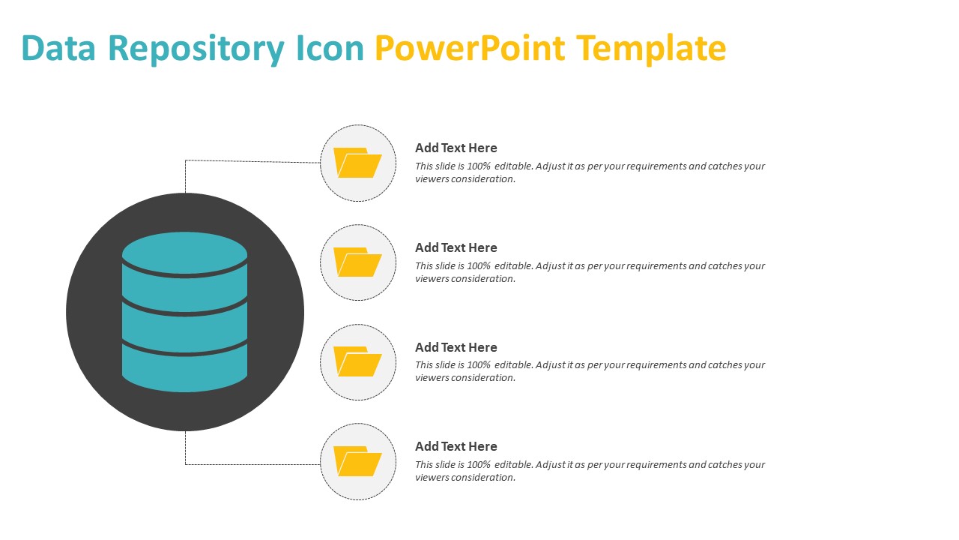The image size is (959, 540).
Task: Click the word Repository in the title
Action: click(200, 49)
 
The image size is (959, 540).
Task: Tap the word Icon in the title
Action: click(329, 49)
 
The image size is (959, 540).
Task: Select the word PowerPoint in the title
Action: click(470, 49)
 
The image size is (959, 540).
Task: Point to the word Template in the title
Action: click(651, 49)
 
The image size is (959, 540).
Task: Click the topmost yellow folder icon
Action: click(357, 163)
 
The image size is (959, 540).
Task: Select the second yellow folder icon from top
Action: click(357, 262)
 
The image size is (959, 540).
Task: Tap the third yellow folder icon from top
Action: click(357, 361)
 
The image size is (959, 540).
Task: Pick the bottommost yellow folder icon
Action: click(357, 461)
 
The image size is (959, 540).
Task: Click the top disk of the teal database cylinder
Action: click(184, 252)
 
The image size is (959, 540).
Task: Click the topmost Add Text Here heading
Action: click(456, 148)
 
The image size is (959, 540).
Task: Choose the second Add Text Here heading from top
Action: click(456, 247)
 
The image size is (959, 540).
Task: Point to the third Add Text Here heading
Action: click(456, 347)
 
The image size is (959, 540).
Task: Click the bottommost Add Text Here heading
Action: click(456, 446)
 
